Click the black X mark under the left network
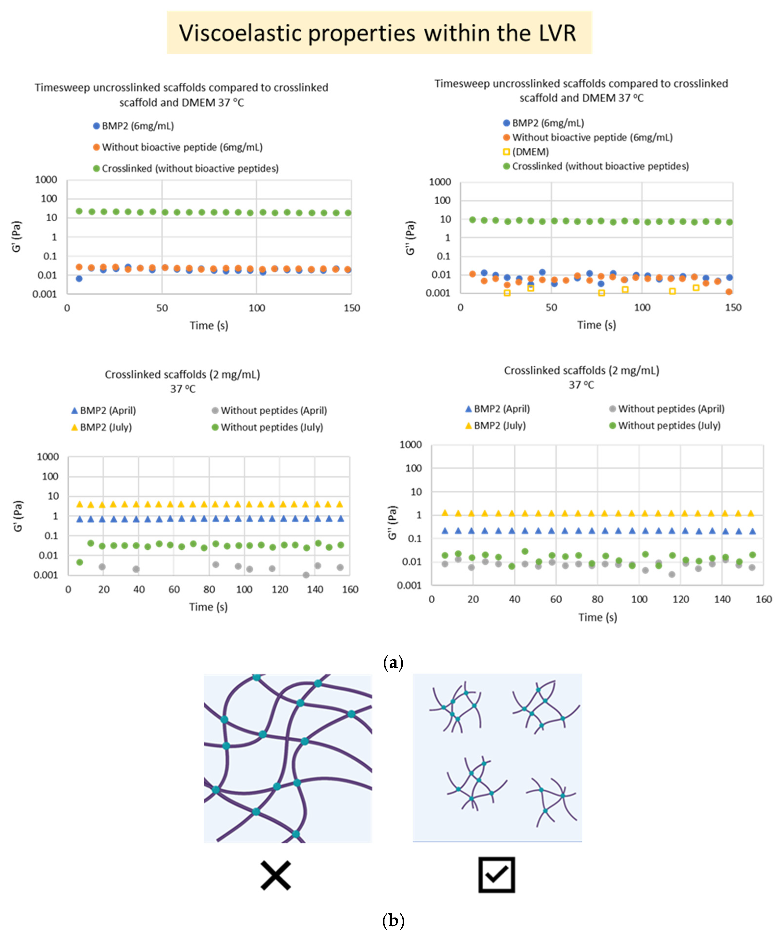coord(276,875)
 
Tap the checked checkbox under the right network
coord(496,875)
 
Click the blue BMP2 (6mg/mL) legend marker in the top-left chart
coord(96,126)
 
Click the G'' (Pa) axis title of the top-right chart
coord(410,237)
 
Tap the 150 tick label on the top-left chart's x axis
coord(352,308)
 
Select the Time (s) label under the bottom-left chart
coord(208,607)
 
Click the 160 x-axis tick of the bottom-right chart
coord(763,599)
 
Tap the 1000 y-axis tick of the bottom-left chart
coord(48,457)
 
